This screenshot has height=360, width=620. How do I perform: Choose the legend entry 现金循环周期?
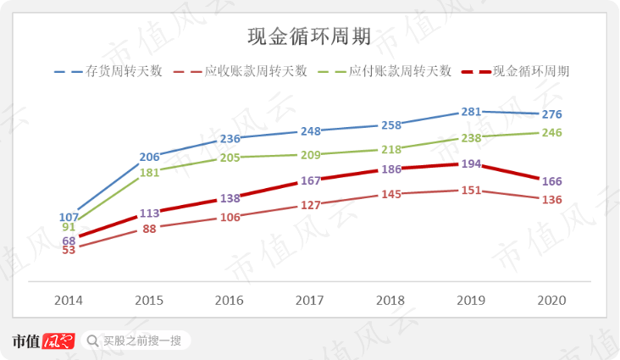[531, 72]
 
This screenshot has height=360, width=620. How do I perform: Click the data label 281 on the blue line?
[471, 111]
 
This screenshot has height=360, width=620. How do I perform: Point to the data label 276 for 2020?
[551, 114]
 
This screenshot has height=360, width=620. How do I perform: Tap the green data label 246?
[551, 132]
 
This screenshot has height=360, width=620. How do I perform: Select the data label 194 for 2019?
[471, 163]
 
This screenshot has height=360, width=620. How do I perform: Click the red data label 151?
[471, 190]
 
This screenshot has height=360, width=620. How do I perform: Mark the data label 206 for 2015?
[149, 157]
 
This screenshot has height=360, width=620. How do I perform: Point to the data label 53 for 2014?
[69, 250]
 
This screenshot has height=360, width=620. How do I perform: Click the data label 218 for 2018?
[390, 149]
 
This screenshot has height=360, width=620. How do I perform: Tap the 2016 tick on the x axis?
[230, 301]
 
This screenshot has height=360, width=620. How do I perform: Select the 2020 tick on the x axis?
[551, 301]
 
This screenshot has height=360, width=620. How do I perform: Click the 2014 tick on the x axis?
[69, 301]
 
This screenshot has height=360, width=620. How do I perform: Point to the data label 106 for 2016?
[230, 217]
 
